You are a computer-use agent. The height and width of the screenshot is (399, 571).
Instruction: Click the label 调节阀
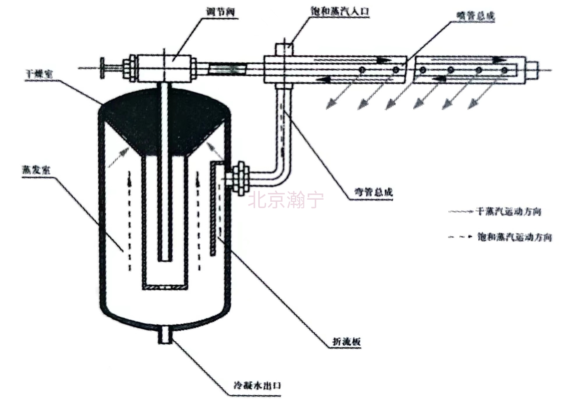(x=220, y=12)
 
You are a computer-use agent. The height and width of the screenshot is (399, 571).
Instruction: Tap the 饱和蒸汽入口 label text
(x=340, y=11)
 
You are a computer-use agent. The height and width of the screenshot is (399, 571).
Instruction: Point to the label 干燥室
(x=39, y=74)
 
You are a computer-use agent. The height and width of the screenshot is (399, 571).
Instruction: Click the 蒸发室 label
(x=36, y=170)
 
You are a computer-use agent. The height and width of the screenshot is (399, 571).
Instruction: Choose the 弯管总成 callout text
(x=373, y=192)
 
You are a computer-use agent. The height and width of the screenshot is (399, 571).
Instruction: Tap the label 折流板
(x=346, y=341)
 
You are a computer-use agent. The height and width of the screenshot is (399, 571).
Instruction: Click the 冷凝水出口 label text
(x=257, y=386)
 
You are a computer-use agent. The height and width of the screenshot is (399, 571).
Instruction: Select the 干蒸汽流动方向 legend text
(x=508, y=212)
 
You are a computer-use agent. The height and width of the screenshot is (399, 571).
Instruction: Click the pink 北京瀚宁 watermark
(x=286, y=200)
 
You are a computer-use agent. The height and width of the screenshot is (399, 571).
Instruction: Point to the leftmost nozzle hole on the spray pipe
(x=362, y=70)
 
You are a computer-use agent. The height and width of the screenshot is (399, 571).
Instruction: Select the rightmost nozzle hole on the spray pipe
(x=505, y=70)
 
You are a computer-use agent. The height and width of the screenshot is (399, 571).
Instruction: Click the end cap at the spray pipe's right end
(x=532, y=70)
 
